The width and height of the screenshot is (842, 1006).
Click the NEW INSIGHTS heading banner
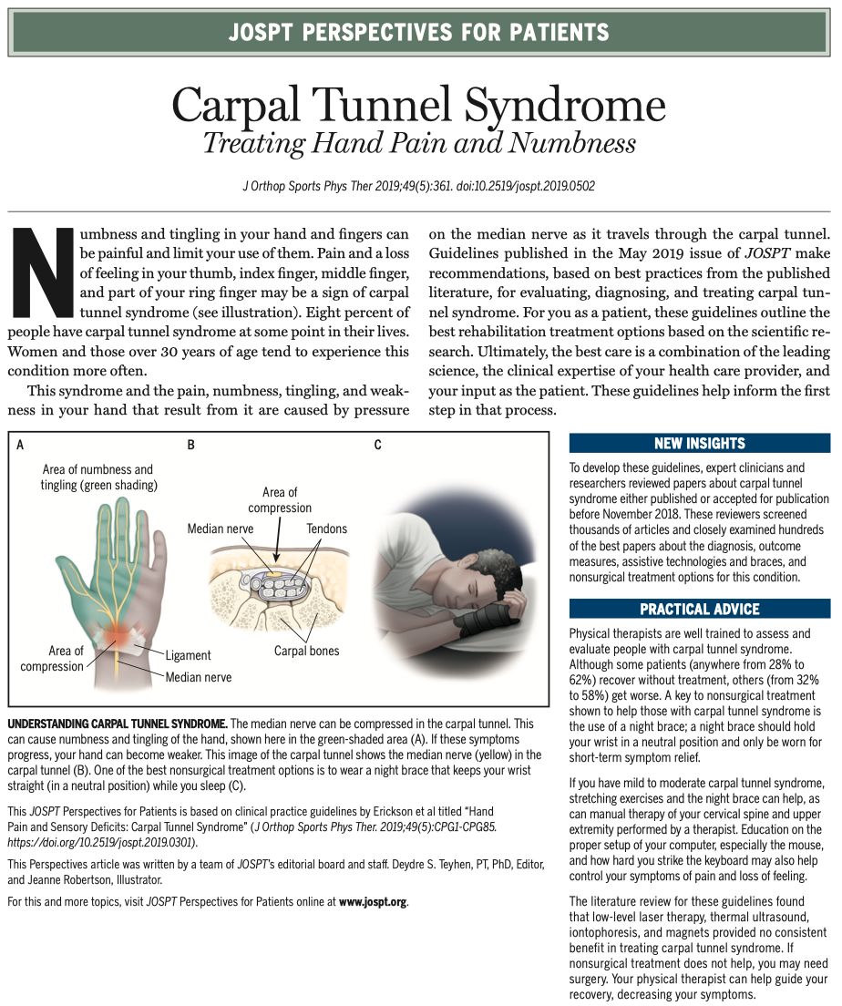[x=699, y=444]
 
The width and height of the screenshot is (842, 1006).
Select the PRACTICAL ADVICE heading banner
[x=699, y=609]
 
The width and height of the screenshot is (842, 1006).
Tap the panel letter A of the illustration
[x=20, y=446]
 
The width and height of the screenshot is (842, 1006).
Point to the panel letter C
[x=377, y=446]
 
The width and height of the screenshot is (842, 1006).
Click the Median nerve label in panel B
[x=221, y=529]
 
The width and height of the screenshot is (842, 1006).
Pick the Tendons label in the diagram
[x=326, y=529]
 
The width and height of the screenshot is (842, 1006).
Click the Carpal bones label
[x=306, y=652]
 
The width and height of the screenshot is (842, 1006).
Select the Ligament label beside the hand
[x=188, y=655]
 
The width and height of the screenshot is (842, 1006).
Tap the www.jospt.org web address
[x=373, y=901]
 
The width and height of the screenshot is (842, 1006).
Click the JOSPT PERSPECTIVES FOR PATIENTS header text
[x=419, y=34]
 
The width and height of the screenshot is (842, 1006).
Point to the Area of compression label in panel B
[x=280, y=500]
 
